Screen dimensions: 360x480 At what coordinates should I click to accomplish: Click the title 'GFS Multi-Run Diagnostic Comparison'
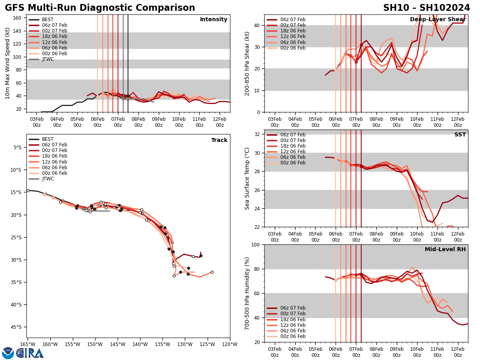[x=100, y=8]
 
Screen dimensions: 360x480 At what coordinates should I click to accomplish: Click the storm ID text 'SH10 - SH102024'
[x=426, y=8]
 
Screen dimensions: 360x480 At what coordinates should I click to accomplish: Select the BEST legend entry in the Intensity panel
[x=48, y=20]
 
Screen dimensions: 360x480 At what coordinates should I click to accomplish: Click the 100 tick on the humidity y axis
[x=255, y=245]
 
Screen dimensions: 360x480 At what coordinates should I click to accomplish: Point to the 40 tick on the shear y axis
[x=256, y=26]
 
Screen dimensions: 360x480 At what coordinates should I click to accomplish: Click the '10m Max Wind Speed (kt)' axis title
[x=8, y=63]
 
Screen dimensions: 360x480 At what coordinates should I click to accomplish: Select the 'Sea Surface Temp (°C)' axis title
[x=247, y=178]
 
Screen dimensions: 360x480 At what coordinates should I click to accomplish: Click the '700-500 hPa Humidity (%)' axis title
[x=247, y=293]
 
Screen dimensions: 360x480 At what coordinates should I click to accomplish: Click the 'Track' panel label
[x=219, y=140]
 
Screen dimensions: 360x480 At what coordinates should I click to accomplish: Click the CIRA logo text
[x=30, y=353]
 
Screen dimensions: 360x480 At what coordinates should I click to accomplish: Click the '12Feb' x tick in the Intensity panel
[x=220, y=122]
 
